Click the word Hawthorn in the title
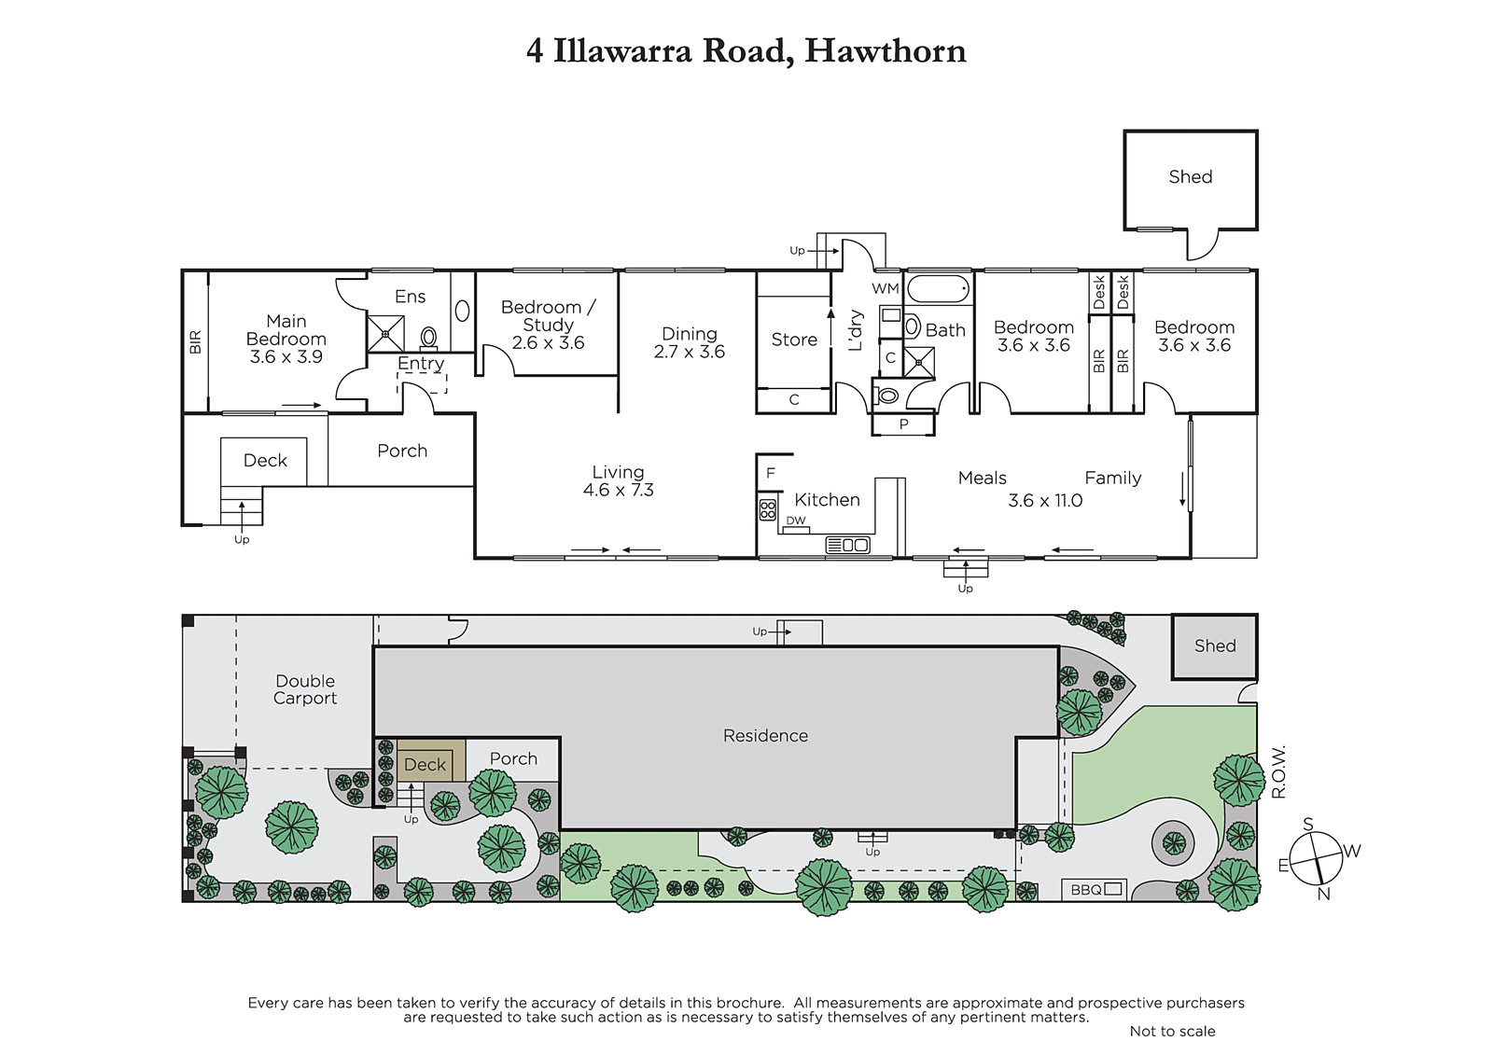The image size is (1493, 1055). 886,51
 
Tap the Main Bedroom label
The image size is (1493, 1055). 286,330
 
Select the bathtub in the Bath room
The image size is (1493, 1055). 939,290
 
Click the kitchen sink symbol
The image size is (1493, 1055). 848,545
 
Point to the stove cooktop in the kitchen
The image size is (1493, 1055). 767,510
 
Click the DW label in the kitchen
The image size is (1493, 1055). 796,521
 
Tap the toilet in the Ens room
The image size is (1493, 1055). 428,338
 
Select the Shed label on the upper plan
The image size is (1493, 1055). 1191,176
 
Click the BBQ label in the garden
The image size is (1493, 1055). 1086,890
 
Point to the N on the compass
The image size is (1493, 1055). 1324,895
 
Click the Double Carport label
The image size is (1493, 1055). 305,689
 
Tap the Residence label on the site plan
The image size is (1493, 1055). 765,736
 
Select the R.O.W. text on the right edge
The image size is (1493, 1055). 1277,771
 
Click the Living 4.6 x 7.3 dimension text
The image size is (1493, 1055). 618,490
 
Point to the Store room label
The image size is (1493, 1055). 794,340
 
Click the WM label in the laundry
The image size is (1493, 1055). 886,288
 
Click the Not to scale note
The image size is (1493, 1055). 1172,1031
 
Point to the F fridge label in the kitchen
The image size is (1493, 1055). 771,473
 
